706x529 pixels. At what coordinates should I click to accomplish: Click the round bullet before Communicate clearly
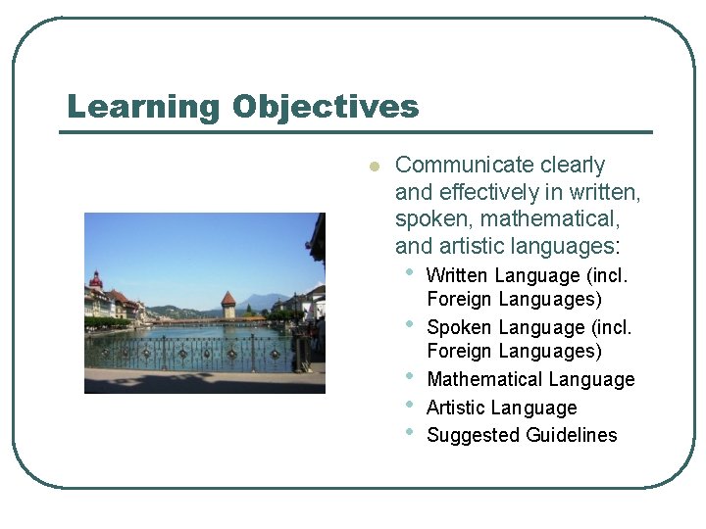[x=373, y=167]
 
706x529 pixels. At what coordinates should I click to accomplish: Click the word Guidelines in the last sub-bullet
[x=569, y=435]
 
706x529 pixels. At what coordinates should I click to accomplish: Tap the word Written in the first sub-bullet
[x=458, y=275]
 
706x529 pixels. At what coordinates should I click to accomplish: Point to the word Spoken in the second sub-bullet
[x=458, y=327]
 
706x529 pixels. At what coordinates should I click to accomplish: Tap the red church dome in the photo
[x=95, y=280]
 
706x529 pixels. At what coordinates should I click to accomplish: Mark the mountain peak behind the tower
[x=257, y=295]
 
